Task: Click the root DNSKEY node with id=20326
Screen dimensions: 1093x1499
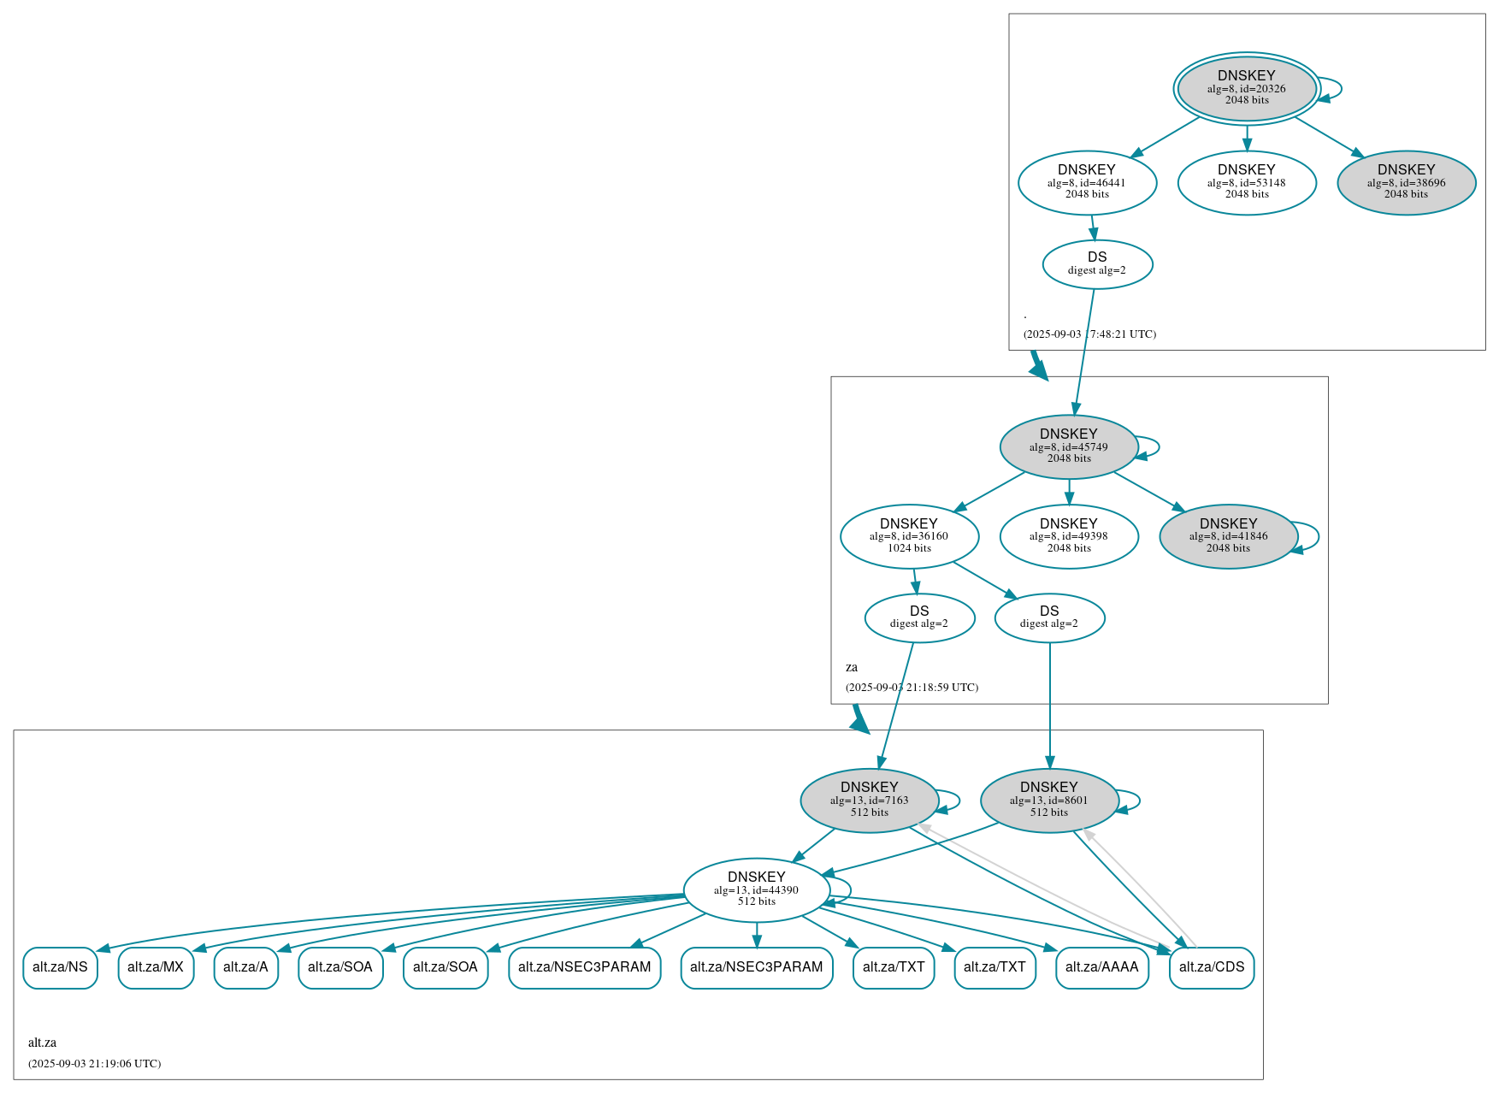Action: [1246, 88]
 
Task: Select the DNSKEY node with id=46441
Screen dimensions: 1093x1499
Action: [1087, 182]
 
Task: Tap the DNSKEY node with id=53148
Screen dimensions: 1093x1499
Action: [1246, 182]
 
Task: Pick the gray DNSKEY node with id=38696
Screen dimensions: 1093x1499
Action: [1406, 182]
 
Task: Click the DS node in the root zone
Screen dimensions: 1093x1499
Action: [1097, 264]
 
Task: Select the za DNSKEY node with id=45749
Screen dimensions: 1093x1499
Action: [1068, 446]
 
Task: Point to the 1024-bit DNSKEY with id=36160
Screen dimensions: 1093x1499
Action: [909, 536]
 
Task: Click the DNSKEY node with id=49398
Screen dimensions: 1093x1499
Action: [1068, 536]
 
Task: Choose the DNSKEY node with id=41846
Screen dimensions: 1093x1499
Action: [1228, 536]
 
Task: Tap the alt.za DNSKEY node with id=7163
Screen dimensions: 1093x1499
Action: [869, 801]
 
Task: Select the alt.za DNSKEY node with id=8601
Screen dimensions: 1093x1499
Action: [1048, 801]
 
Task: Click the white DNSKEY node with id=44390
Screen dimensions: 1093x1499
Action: [756, 890]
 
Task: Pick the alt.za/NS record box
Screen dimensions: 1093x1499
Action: [60, 967]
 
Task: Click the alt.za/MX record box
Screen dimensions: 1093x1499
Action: [156, 967]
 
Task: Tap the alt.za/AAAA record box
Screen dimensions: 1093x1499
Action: [1101, 967]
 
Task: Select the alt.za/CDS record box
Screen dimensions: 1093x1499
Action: [1211, 967]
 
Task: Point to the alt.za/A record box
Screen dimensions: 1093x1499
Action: [245, 967]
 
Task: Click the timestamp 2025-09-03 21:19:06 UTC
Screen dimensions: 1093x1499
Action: [94, 1064]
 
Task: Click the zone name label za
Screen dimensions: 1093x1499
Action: [852, 667]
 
